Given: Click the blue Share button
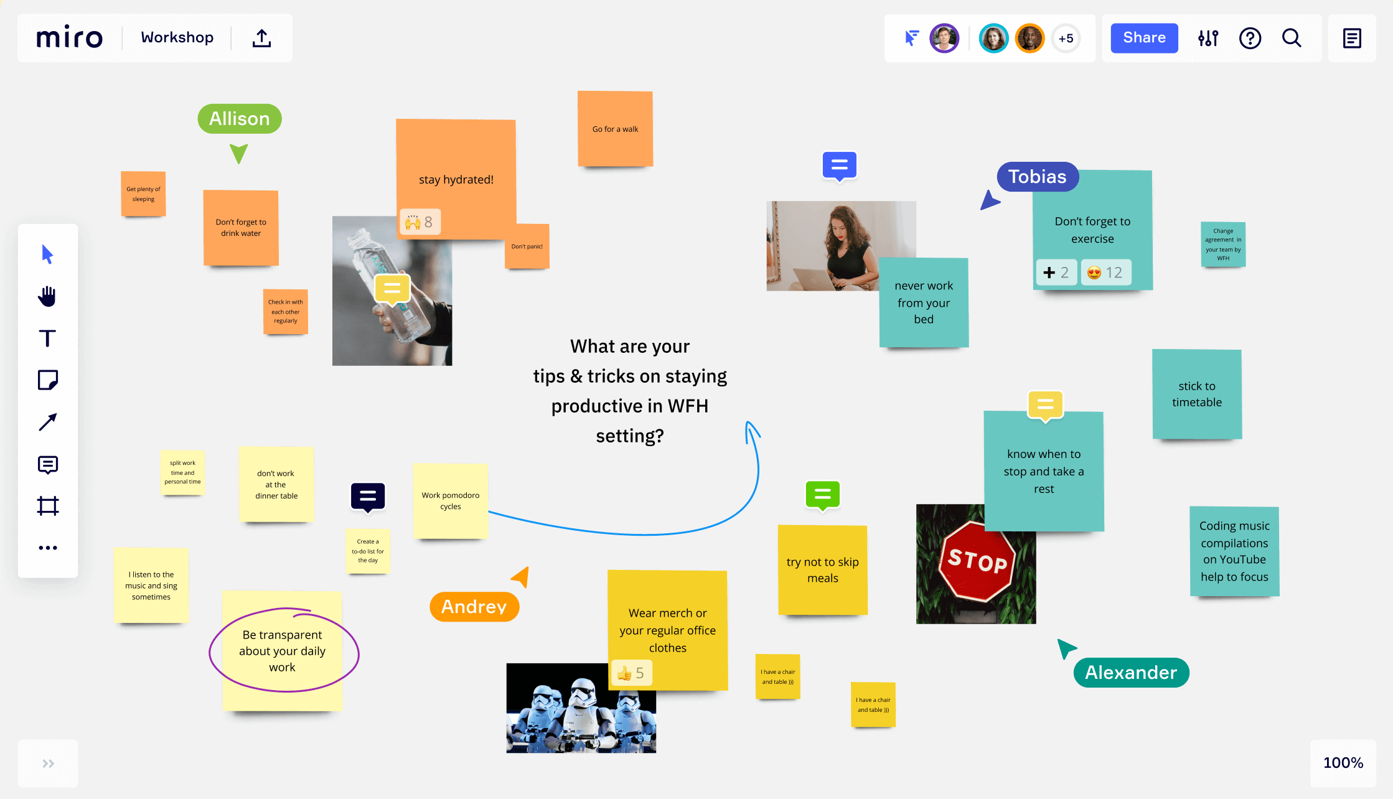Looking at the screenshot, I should [1144, 38].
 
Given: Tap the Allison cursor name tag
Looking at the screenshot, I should [240, 118].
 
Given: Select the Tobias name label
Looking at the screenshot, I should [1037, 177].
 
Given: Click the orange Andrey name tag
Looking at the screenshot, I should [474, 606].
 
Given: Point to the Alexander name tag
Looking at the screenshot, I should [1131, 672].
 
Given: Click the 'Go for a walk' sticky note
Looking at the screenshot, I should [615, 129].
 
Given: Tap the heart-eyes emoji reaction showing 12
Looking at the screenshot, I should [1105, 273].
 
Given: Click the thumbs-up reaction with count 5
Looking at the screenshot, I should [631, 673].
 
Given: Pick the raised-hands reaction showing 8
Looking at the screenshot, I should [420, 222].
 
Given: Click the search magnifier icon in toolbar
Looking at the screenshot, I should [1292, 38].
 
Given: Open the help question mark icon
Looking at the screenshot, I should [1250, 38].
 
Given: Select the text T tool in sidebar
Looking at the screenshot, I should [47, 338].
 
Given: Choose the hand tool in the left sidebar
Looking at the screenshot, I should [47, 296].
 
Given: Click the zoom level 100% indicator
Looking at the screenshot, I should [1343, 763].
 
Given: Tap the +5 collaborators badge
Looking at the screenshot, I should [1066, 39].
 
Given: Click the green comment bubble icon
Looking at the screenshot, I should [822, 495].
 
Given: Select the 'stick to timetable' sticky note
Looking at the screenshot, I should [1196, 394].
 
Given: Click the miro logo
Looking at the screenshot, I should [69, 38].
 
